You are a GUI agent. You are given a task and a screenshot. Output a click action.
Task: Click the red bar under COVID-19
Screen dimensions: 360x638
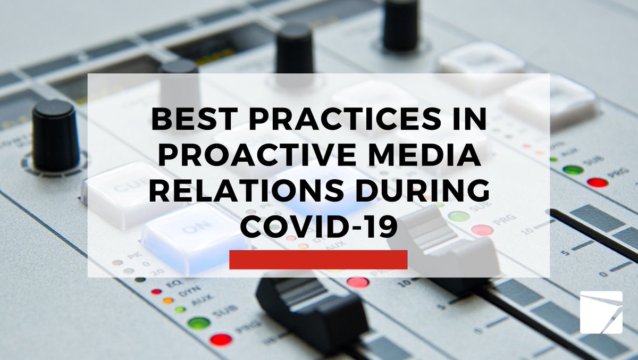[318, 259]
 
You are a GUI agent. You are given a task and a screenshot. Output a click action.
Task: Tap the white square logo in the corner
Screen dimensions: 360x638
[601, 312]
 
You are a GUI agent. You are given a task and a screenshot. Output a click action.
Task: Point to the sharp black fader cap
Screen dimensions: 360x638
[312, 308]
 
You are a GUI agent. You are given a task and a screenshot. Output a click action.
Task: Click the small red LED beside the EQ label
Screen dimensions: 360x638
[156, 291]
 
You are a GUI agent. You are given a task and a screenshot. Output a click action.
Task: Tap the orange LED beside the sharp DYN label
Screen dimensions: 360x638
[168, 300]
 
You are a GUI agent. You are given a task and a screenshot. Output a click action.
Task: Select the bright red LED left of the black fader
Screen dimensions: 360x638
[221, 339]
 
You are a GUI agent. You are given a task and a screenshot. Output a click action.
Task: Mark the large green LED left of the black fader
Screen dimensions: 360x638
[199, 323]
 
